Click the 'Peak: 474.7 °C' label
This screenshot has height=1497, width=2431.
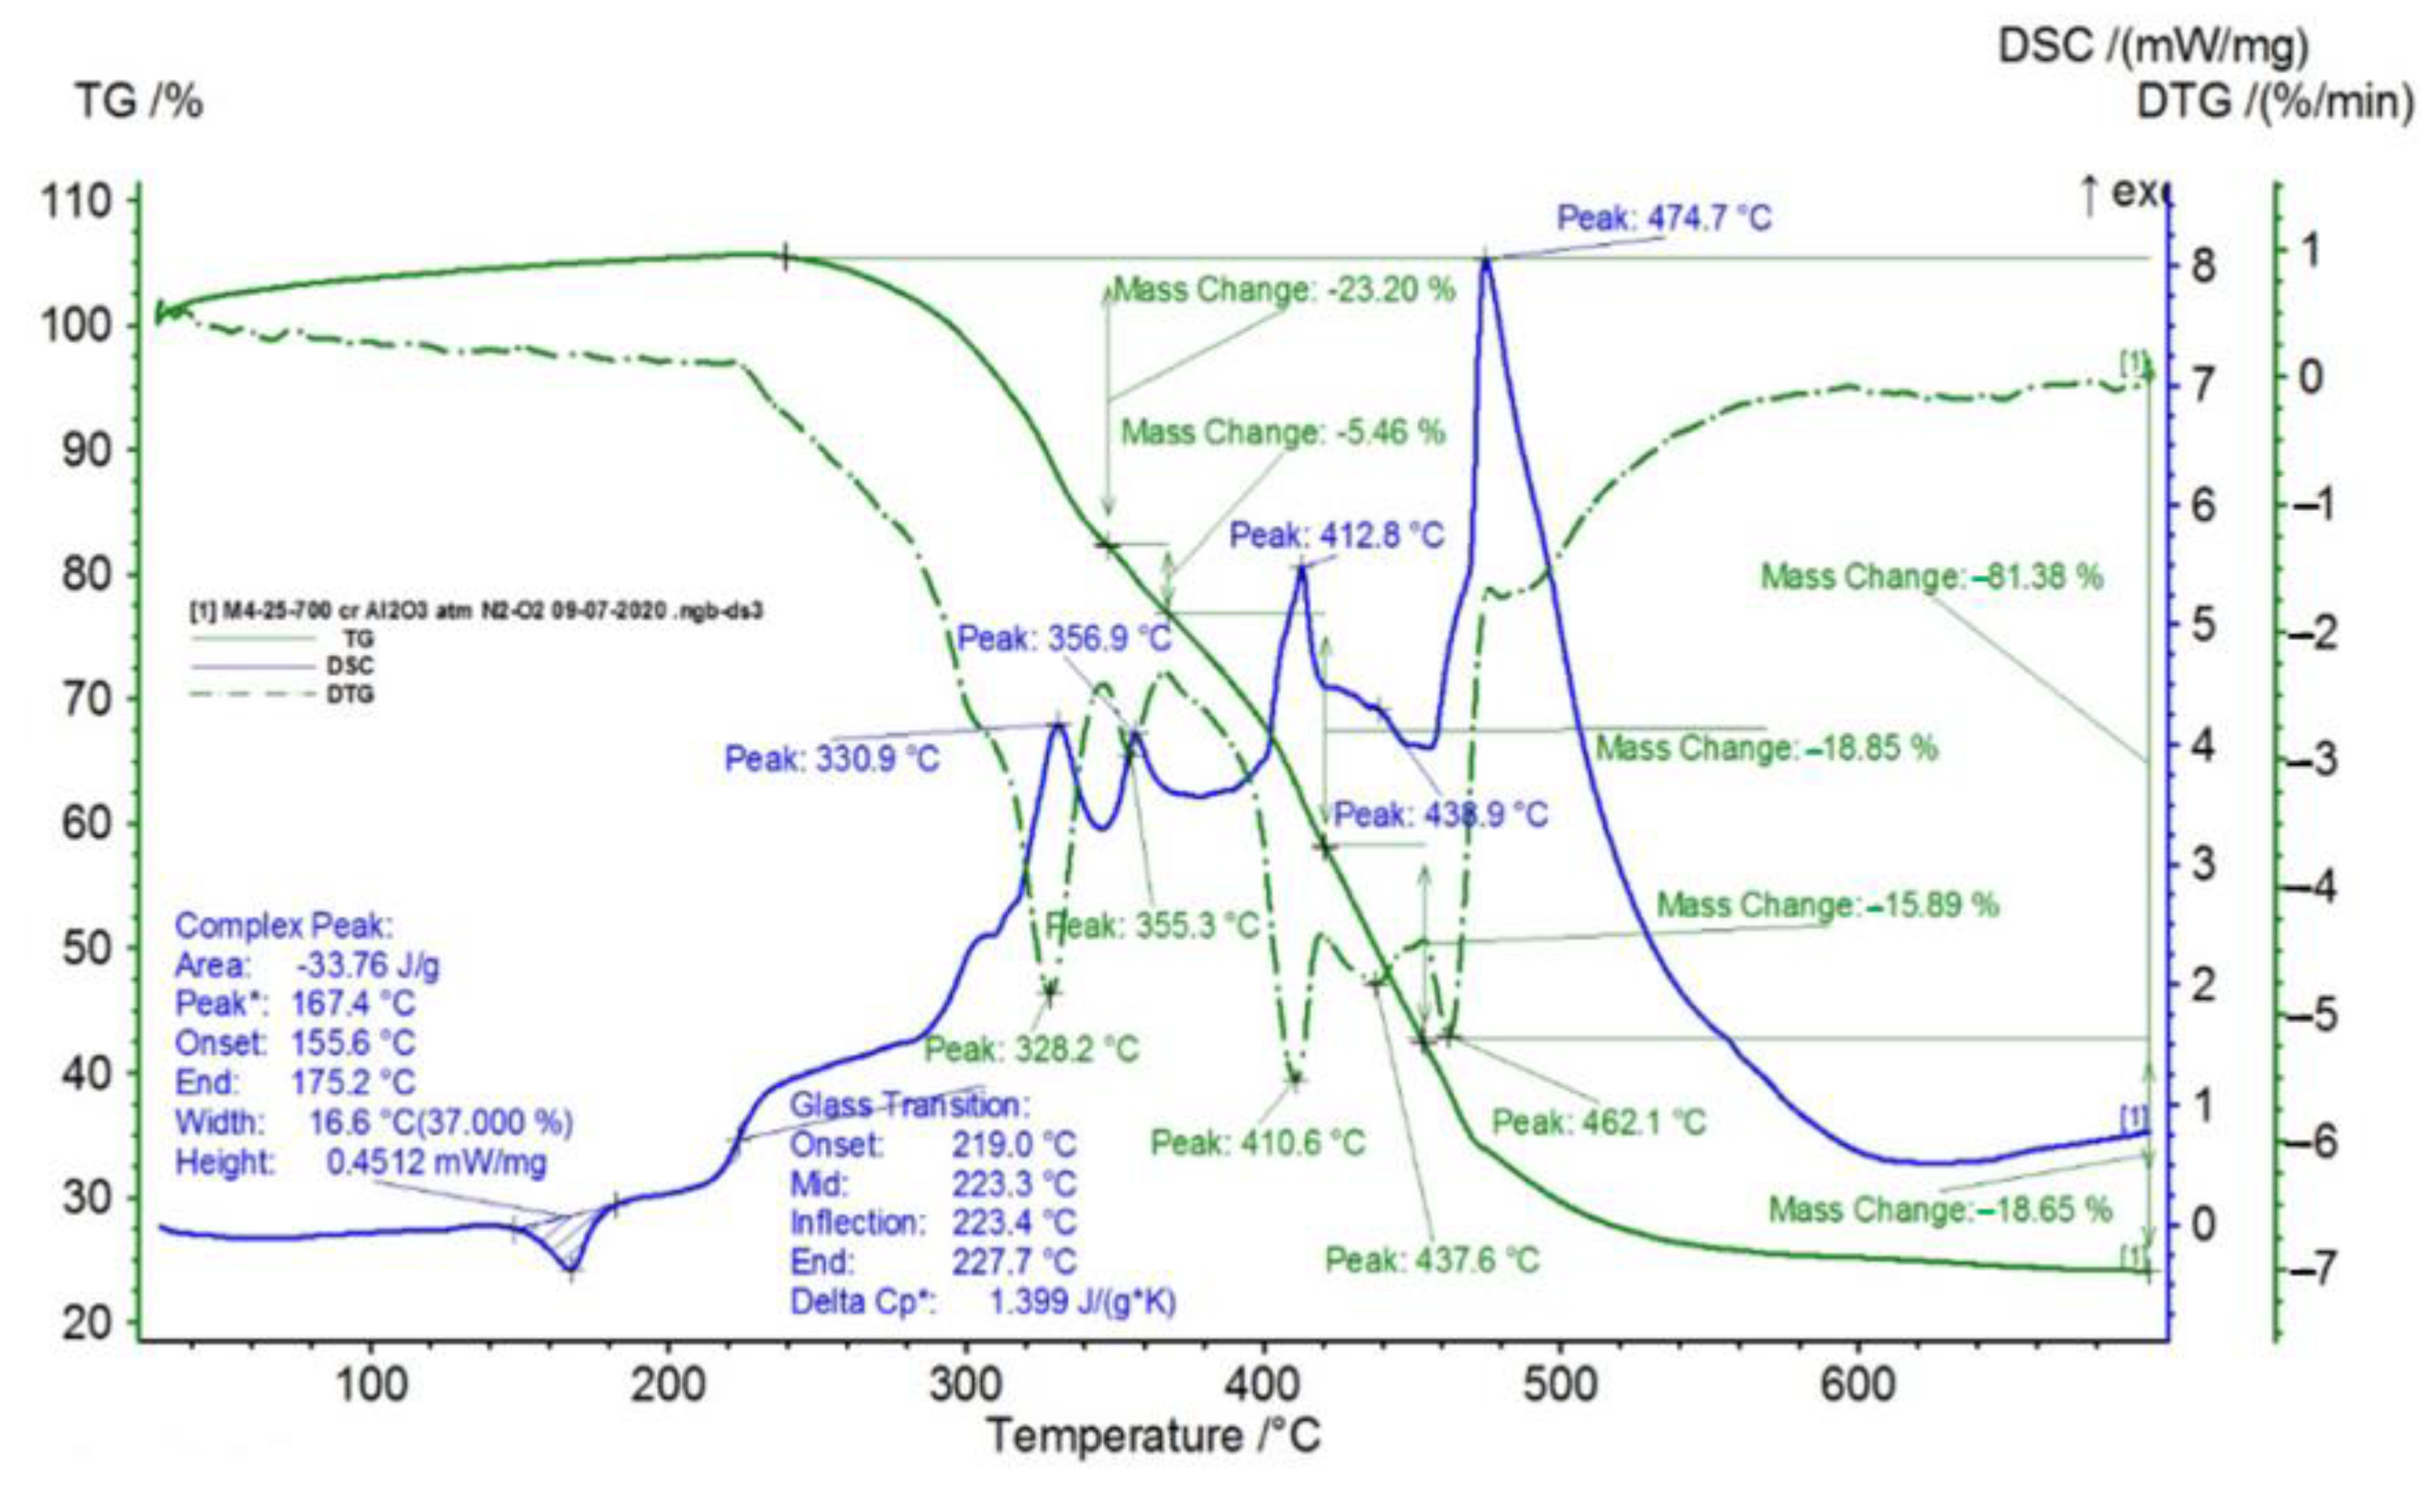1664,216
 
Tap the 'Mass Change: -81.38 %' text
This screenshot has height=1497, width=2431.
1931,576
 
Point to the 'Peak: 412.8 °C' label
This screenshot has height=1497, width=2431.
1337,536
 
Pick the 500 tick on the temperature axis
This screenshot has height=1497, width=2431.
1561,1384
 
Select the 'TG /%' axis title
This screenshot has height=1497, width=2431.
139,101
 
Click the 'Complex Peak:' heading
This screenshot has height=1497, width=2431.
284,926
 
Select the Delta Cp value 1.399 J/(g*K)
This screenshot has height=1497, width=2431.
1081,1301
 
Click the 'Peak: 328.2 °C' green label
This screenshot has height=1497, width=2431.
1032,1048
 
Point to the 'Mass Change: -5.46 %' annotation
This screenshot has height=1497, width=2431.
1282,433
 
